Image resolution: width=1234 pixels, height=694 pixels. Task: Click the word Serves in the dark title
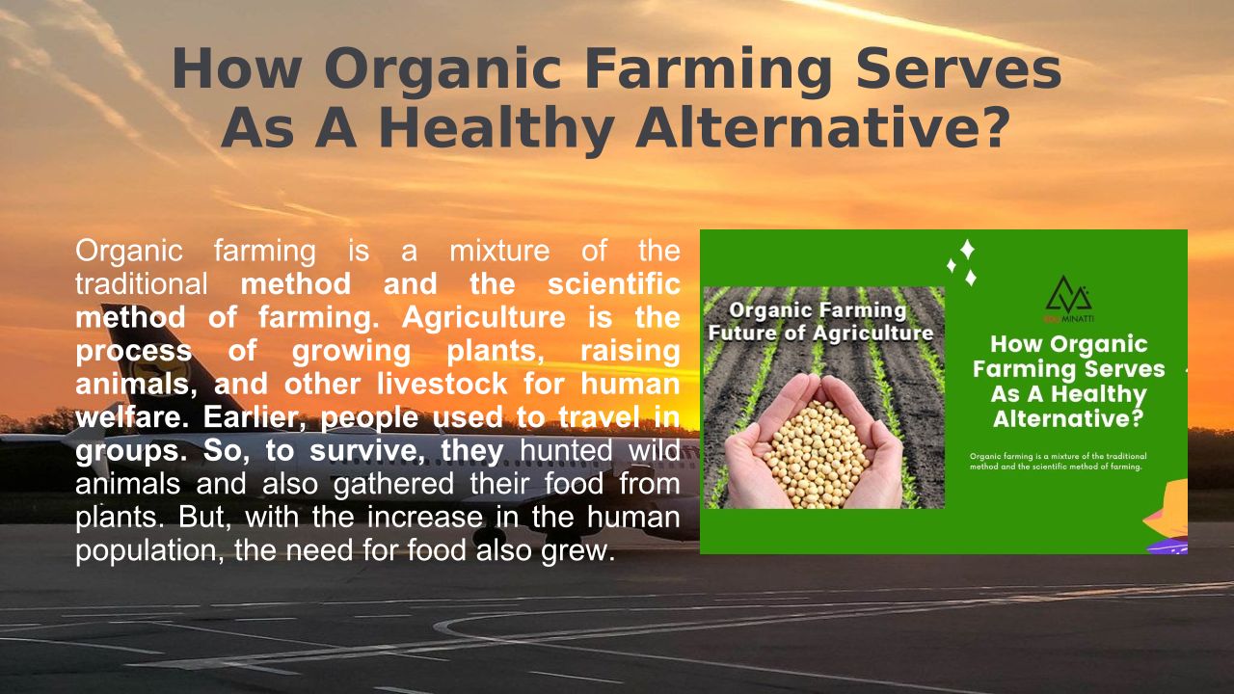click(x=958, y=68)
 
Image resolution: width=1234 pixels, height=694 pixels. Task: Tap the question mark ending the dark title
click(x=996, y=128)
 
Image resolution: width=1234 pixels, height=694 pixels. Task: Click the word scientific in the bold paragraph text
click(x=614, y=283)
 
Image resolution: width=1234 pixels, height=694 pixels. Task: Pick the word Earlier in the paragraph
click(x=255, y=417)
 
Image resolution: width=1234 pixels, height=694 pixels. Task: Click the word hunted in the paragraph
click(x=566, y=450)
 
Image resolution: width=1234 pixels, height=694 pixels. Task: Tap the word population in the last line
click(x=149, y=550)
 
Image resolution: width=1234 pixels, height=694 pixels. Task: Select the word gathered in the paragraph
click(x=393, y=484)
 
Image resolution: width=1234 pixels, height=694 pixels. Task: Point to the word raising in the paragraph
click(x=630, y=351)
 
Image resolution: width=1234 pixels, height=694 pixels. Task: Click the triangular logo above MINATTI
click(x=1068, y=295)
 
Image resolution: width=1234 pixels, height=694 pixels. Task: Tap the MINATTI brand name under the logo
click(x=1077, y=319)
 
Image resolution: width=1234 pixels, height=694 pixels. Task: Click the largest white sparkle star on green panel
click(x=967, y=249)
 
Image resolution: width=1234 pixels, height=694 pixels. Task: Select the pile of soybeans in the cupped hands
click(x=815, y=453)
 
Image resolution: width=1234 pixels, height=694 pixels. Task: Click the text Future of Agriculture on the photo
click(x=820, y=334)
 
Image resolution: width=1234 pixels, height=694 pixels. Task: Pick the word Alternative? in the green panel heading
click(x=1068, y=419)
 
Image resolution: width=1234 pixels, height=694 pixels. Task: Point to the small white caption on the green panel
click(x=1058, y=461)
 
